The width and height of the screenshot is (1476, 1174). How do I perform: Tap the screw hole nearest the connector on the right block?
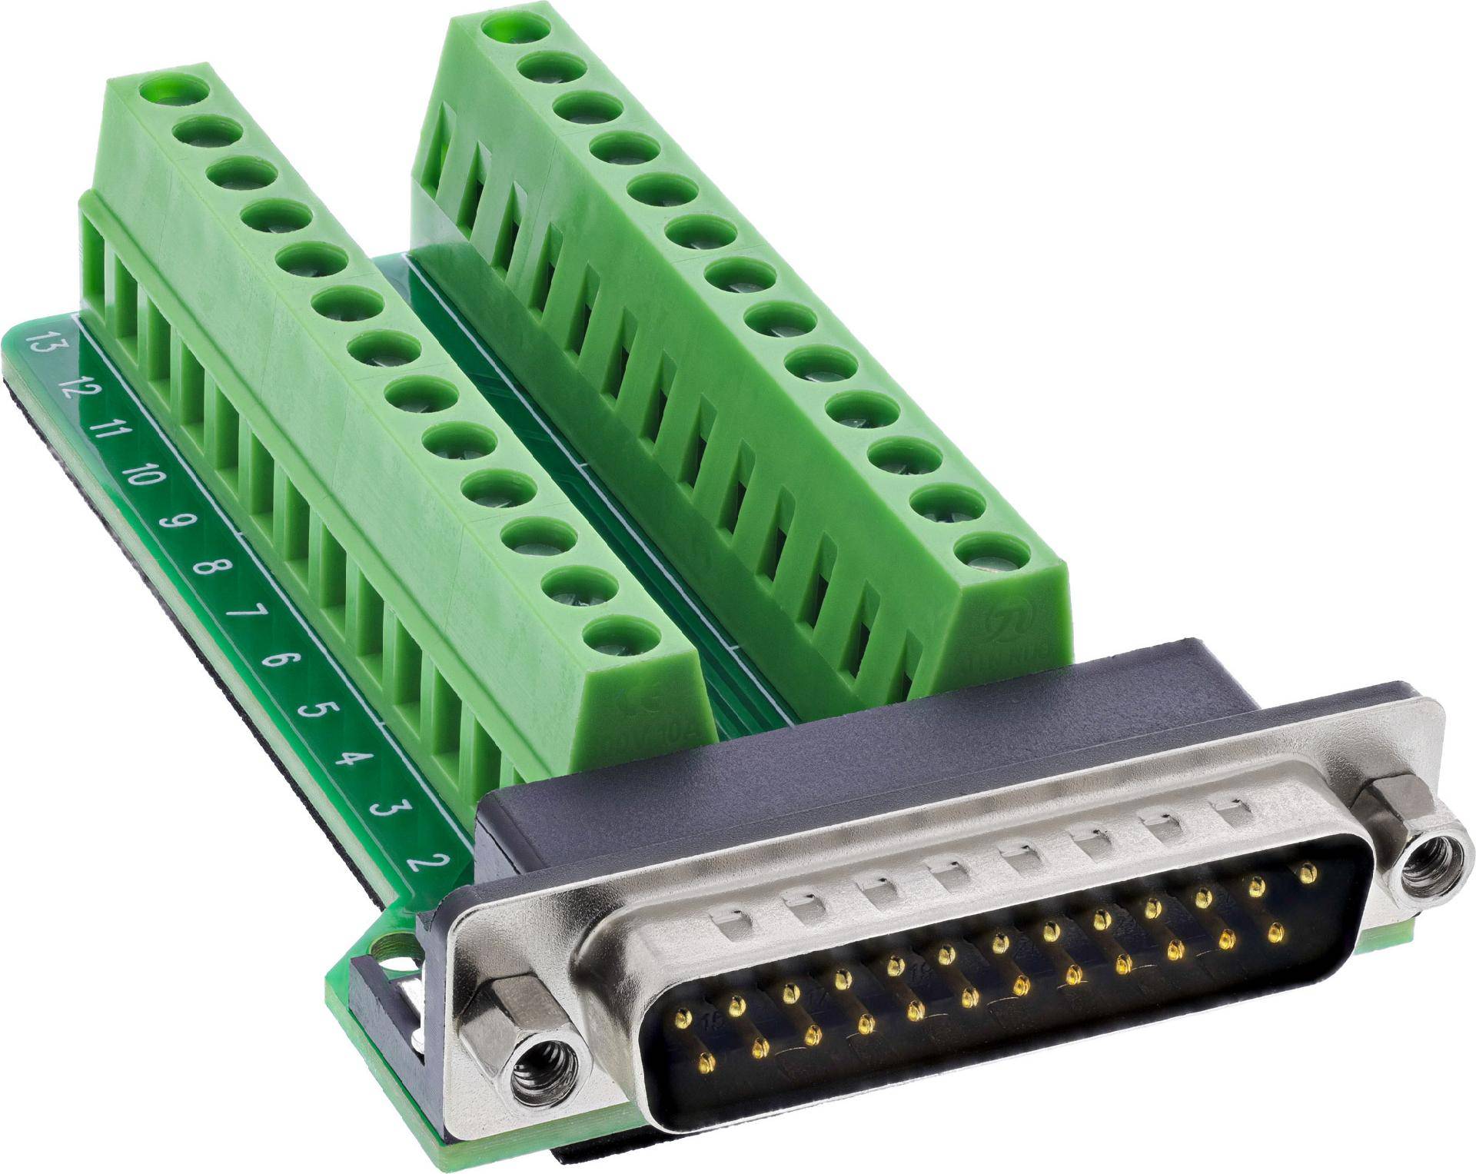996,550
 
